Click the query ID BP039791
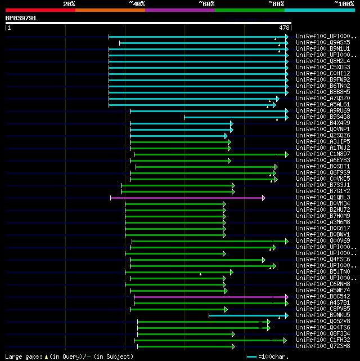[x=21, y=18]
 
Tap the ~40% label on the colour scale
[x=137, y=4]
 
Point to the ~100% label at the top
[x=344, y=4]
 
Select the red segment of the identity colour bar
[x=40, y=10]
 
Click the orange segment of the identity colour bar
[x=110, y=10]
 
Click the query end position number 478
[x=284, y=27]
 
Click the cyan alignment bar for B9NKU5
[x=247, y=315]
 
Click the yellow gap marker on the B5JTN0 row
[x=200, y=274]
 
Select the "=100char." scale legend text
[x=276, y=356]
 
